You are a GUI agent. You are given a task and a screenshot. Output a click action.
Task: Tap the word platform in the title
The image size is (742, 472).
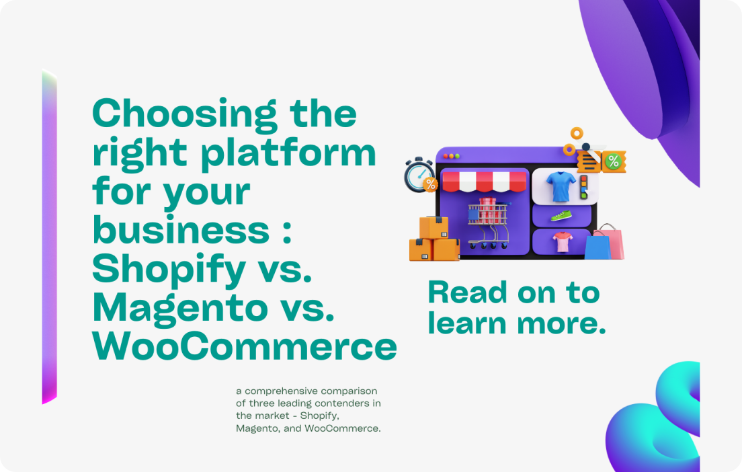pyautogui.click(x=288, y=153)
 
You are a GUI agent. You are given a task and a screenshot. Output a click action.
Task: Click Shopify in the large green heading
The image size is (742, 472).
pyautogui.click(x=169, y=270)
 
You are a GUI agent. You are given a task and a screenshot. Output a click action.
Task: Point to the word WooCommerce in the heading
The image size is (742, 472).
pyautogui.click(x=245, y=347)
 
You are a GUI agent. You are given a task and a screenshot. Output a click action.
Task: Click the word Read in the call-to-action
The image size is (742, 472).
pyautogui.click(x=468, y=292)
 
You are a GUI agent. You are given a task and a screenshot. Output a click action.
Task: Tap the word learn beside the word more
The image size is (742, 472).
pyautogui.click(x=467, y=323)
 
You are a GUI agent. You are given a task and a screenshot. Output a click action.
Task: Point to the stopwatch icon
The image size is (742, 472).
pyautogui.click(x=420, y=175)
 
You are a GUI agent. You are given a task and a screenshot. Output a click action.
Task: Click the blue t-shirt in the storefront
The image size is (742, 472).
pyautogui.click(x=561, y=186)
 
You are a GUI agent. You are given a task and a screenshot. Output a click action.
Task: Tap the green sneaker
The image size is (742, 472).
pyautogui.click(x=561, y=217)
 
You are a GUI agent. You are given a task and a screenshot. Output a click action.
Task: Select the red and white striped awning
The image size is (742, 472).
pyautogui.click(x=484, y=182)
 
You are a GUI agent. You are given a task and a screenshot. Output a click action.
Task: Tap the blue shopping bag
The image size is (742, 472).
pyautogui.click(x=597, y=247)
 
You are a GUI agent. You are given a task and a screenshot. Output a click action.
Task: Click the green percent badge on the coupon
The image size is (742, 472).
pyautogui.click(x=613, y=162)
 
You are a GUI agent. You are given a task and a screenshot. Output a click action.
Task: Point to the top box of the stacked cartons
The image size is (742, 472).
pyautogui.click(x=434, y=228)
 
